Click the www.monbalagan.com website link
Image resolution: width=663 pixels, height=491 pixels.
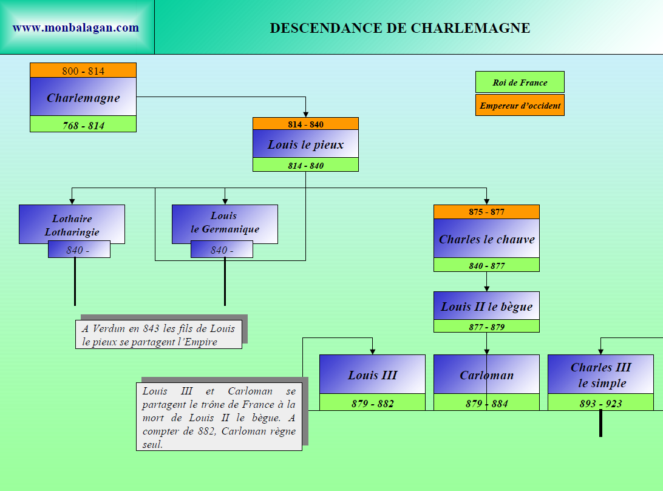[76, 28]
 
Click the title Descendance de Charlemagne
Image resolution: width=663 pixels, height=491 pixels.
[399, 29]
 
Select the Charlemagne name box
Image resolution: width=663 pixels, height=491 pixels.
[83, 98]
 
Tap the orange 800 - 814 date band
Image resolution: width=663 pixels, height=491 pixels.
[83, 71]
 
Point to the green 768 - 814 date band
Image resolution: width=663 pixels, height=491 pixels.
[83, 126]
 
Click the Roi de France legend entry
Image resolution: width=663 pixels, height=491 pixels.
[520, 83]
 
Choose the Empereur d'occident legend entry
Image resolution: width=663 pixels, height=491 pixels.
[520, 106]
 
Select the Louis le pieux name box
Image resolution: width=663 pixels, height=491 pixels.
[305, 144]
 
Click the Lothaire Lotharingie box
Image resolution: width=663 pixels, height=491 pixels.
[72, 225]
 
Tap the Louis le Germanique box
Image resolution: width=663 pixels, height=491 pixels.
[225, 223]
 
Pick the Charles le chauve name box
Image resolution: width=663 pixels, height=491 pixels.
[486, 239]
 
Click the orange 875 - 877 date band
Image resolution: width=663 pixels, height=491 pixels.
[486, 212]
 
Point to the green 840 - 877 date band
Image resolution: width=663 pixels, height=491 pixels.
[486, 266]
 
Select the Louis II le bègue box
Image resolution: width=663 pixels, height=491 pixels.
[486, 306]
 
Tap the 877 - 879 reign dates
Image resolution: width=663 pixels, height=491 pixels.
[486, 327]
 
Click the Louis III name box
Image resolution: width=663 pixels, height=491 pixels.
[372, 375]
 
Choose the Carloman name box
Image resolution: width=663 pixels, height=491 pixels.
[486, 375]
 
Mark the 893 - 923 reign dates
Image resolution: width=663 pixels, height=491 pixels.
[600, 404]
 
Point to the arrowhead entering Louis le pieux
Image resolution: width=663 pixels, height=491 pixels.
[305, 113]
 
